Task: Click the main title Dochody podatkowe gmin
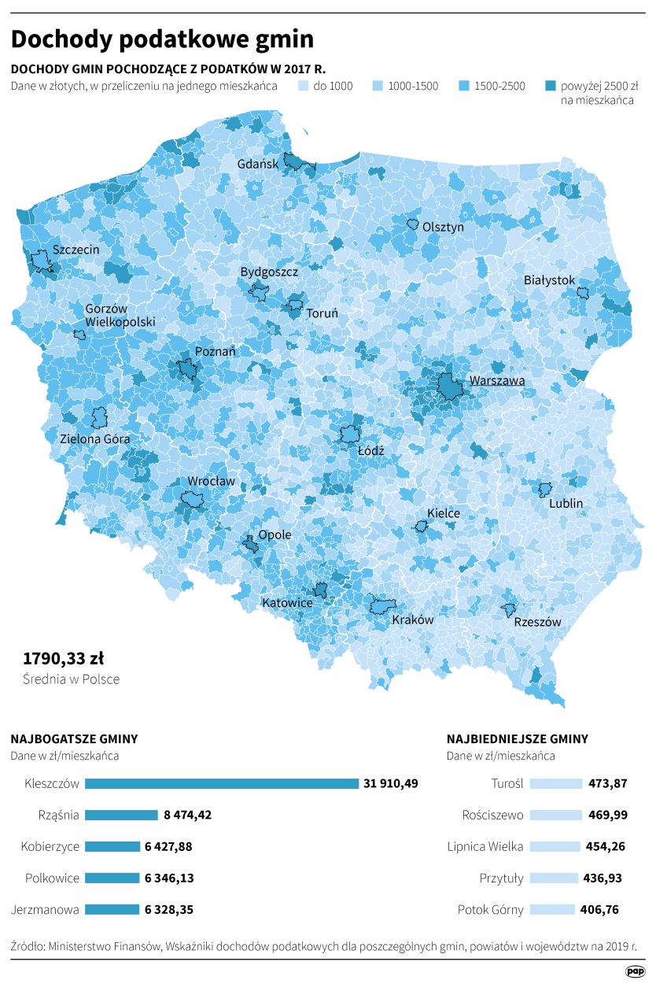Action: pyautogui.click(x=162, y=40)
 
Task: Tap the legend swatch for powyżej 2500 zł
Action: pyautogui.click(x=551, y=86)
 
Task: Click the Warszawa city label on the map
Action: pyautogui.click(x=496, y=381)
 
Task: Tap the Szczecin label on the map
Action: pyautogui.click(x=76, y=250)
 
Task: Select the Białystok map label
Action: pyautogui.click(x=550, y=280)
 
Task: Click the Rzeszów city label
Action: pyautogui.click(x=537, y=622)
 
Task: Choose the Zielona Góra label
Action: pyautogui.click(x=95, y=438)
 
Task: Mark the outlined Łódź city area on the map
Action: pyautogui.click(x=349, y=435)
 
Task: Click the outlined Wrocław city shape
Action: pyautogui.click(x=192, y=499)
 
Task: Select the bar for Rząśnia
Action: pyautogui.click(x=121, y=815)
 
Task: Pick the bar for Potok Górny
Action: pyautogui.click(x=552, y=909)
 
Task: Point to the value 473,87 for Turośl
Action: pyautogui.click(x=608, y=783)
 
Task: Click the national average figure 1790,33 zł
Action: pyautogui.click(x=63, y=657)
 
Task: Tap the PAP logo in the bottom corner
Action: pyautogui.click(x=635, y=971)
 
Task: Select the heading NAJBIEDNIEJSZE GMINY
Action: pyautogui.click(x=517, y=739)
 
